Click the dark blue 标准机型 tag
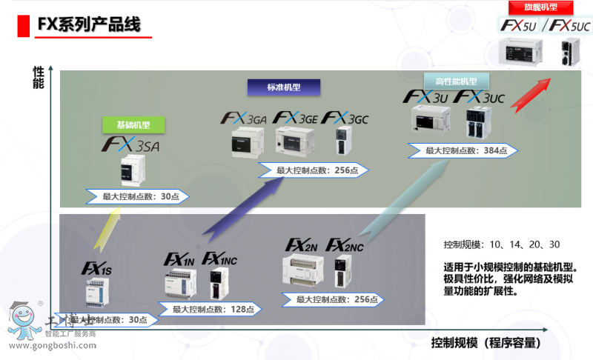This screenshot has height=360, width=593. [284, 87]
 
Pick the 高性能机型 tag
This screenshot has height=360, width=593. [450, 81]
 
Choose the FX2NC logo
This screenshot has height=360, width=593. [345, 245]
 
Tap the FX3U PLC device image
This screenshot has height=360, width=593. [430, 122]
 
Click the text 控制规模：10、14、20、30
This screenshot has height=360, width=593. [501, 245]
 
